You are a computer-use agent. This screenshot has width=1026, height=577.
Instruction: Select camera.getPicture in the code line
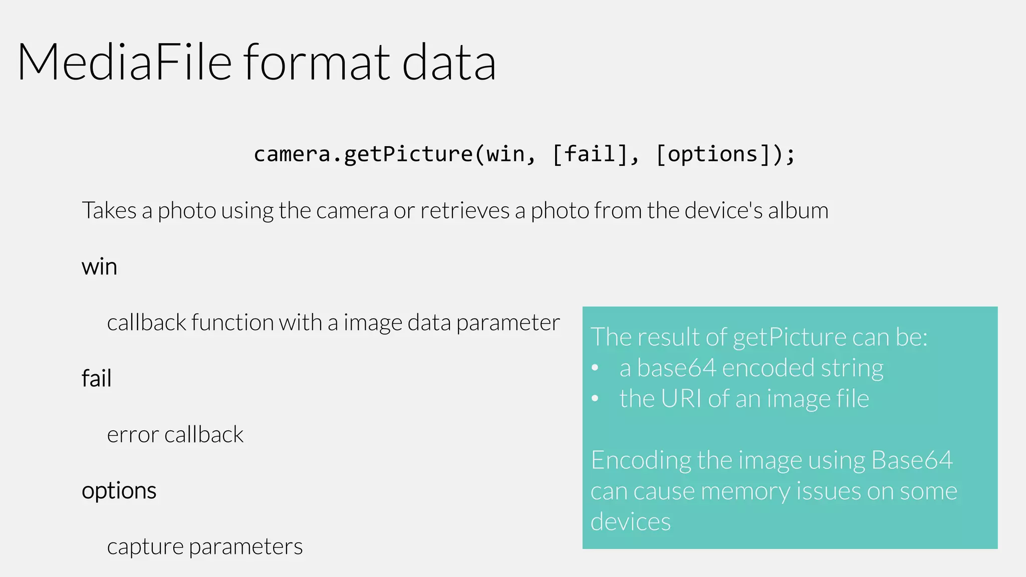pyautogui.click(x=363, y=154)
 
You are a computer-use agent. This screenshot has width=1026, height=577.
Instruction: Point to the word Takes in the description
pyautogui.click(x=109, y=210)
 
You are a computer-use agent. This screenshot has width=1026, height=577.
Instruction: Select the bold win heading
pyautogui.click(x=99, y=266)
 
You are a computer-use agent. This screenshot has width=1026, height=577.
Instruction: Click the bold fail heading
pyautogui.click(x=96, y=378)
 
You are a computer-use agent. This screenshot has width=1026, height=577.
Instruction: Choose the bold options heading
pyautogui.click(x=119, y=490)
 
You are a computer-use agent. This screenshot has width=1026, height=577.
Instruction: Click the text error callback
pyautogui.click(x=175, y=434)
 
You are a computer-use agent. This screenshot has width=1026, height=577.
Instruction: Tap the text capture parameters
pyautogui.click(x=204, y=546)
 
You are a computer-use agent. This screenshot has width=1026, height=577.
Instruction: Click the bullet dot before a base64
pyautogui.click(x=595, y=368)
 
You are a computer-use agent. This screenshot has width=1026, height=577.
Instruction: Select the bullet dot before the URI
pyautogui.click(x=595, y=399)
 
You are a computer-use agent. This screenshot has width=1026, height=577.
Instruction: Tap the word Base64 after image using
pyautogui.click(x=912, y=460)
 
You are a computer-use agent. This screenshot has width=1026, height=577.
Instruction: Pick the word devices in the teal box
pyautogui.click(x=630, y=522)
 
